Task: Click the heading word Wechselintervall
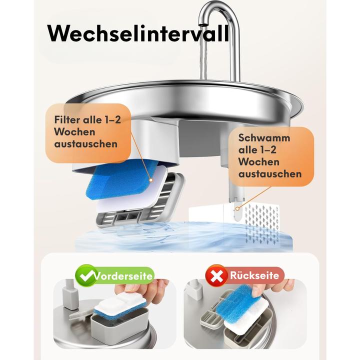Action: pos(138,34)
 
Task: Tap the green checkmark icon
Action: pos(86,275)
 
